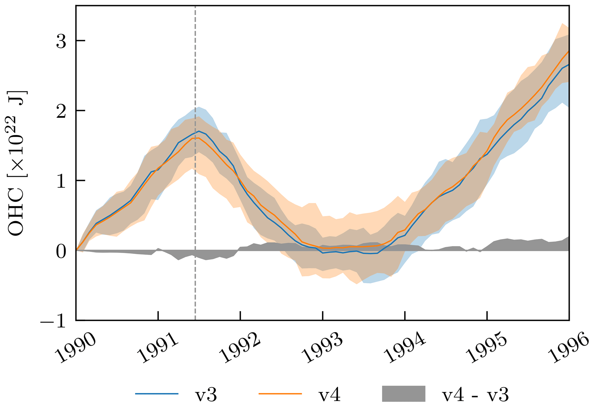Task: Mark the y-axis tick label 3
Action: [61, 41]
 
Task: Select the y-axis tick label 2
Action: [61, 111]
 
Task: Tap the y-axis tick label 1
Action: [61, 181]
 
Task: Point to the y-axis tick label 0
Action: [61, 251]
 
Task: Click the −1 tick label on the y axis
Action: [53, 321]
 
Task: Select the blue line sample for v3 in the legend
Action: [157, 394]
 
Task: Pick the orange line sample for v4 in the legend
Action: [280, 394]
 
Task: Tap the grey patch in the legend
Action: [403, 394]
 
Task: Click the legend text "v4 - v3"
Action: [475, 395]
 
